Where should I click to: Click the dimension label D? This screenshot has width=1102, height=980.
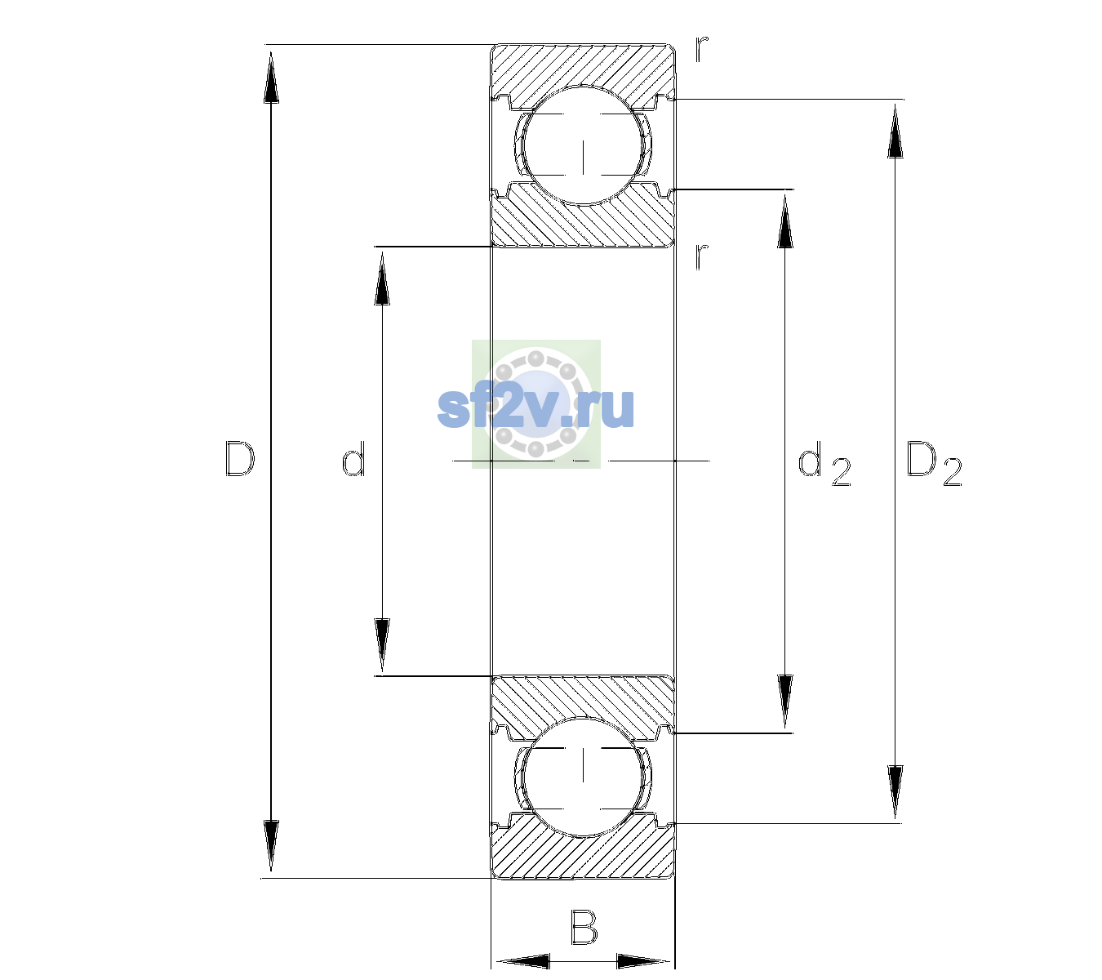(x=240, y=459)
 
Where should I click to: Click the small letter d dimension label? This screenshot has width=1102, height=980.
(x=353, y=459)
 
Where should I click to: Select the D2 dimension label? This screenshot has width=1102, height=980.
(x=934, y=463)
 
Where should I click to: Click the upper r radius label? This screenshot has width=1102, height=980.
(x=702, y=48)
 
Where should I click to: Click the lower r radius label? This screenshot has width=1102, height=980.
(x=702, y=256)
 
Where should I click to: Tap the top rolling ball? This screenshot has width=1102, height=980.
(x=583, y=145)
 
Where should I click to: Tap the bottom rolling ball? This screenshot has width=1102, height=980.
(x=583, y=777)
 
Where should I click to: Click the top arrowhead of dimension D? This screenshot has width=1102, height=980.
(x=271, y=76)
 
